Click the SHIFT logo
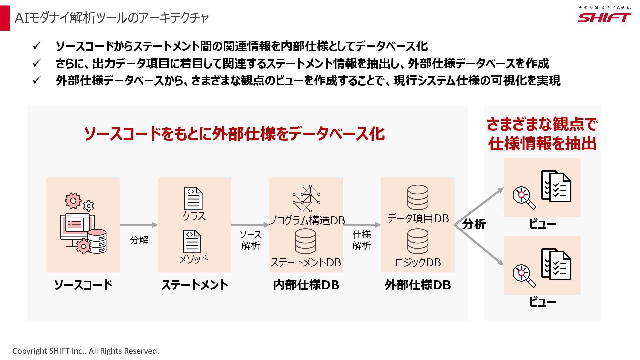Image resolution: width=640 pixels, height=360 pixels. [x=604, y=17]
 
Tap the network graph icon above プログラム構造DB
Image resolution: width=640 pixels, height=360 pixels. [x=306, y=198]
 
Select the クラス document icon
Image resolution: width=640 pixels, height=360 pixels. [x=193, y=198]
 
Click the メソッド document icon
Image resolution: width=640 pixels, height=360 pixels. [x=192, y=241]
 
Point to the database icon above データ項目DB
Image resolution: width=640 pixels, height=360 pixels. [x=418, y=197]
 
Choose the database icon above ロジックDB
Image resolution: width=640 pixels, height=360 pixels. [x=418, y=241]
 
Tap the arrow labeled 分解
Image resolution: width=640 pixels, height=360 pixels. [x=138, y=225]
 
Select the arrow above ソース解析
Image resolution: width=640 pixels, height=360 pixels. [x=250, y=225]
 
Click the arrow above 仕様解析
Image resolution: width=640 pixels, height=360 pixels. [x=362, y=225]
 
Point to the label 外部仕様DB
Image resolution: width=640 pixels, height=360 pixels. [x=418, y=285]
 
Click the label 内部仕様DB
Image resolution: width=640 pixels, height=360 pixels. [x=306, y=285]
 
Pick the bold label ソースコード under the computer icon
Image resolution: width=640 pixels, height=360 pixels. [x=83, y=285]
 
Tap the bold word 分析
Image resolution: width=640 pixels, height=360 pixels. [x=474, y=224]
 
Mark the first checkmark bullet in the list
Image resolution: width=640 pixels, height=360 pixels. [x=36, y=46]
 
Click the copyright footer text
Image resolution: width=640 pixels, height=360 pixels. [x=86, y=351]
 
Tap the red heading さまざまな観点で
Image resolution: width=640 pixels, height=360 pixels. [x=542, y=124]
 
